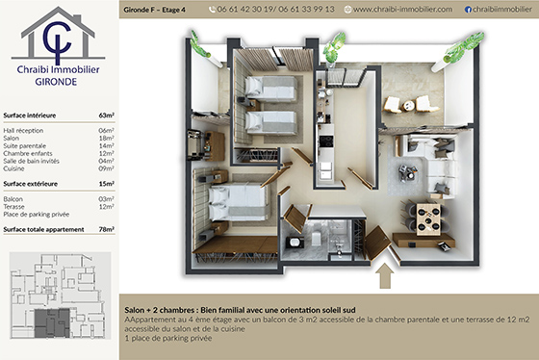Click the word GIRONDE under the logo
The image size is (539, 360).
(x=59, y=83)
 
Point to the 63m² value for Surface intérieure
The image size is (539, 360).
(x=107, y=114)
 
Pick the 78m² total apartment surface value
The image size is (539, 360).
(x=106, y=230)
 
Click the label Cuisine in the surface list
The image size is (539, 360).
(x=16, y=167)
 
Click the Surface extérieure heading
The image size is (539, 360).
(x=31, y=183)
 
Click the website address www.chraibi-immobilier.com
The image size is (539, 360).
(x=402, y=9)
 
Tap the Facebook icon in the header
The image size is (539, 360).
(x=468, y=9)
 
